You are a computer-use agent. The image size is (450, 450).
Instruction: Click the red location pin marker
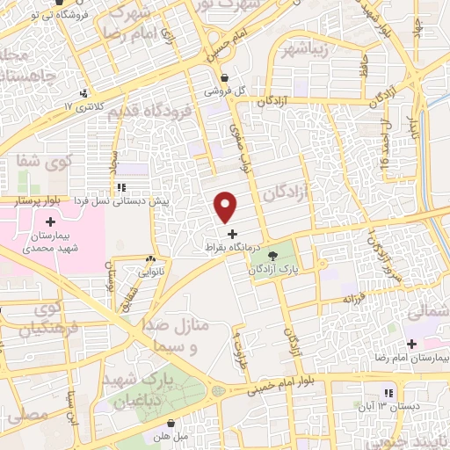pyautogui.click(x=226, y=207)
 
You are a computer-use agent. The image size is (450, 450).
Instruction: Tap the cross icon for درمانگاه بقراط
pyautogui.click(x=232, y=234)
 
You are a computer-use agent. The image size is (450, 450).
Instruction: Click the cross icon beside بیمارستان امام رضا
pyautogui.click(x=411, y=343)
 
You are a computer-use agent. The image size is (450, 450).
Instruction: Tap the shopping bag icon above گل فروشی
pyautogui.click(x=226, y=76)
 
